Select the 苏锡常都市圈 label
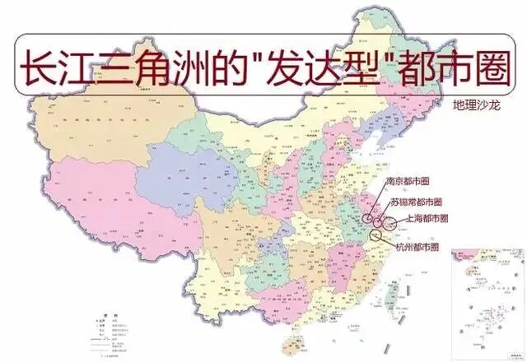pyautogui.click(x=417, y=202)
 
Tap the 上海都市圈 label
pyautogui.click(x=427, y=220)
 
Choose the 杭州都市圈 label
pyautogui.click(x=417, y=247)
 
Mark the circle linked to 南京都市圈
pyautogui.click(x=367, y=218)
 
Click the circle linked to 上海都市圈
pyautogui.click(x=389, y=222)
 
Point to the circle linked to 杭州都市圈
pyautogui.click(x=376, y=235)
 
